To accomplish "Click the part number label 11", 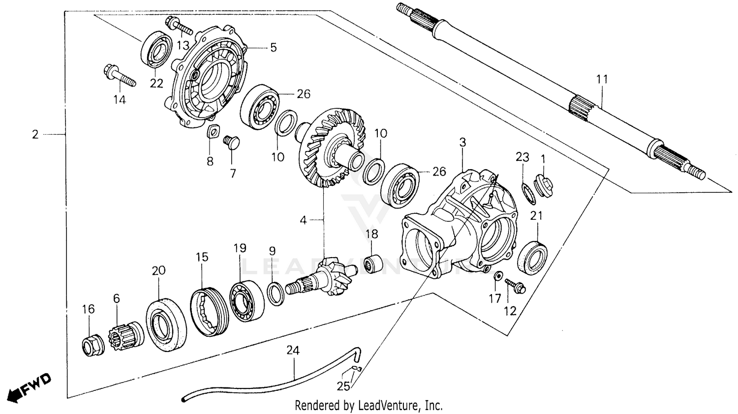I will click(602, 79).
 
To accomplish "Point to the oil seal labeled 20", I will click(166, 325).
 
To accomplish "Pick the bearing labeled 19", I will click(246, 300).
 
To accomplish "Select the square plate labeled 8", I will click(212, 132).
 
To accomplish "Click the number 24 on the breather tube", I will click(293, 351).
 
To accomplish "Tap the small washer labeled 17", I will click(498, 276).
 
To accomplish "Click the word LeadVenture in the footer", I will click(389, 406).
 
